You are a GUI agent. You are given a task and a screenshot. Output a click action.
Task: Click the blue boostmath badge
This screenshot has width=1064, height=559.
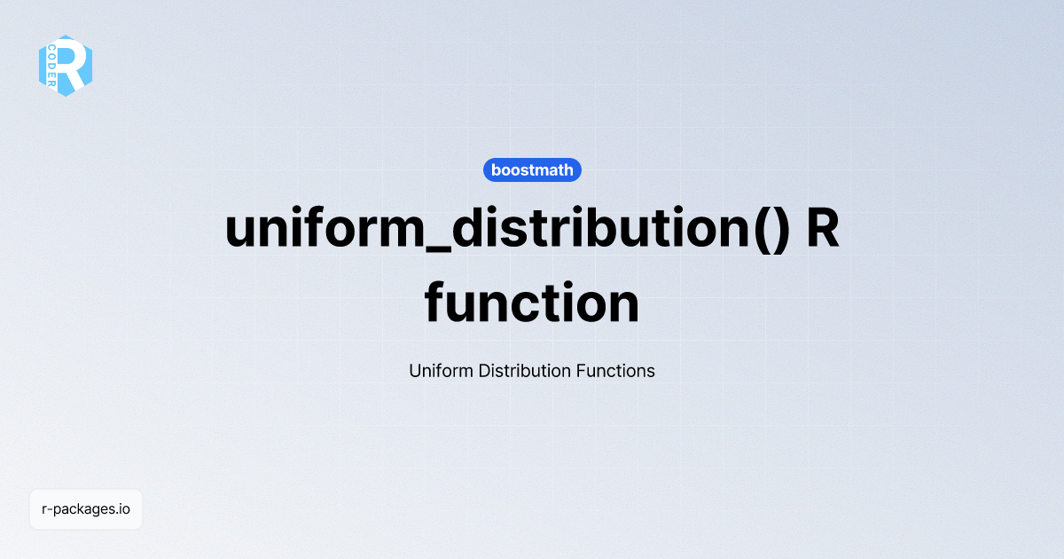point(532,170)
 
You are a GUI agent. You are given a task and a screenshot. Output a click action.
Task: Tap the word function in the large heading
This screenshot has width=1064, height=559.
point(532,303)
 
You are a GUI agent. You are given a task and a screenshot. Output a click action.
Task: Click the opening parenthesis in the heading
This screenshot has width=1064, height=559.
point(756,229)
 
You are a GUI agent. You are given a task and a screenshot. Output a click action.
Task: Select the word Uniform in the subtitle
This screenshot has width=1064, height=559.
point(441,371)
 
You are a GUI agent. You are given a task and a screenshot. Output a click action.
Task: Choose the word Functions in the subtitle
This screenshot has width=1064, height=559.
point(615,371)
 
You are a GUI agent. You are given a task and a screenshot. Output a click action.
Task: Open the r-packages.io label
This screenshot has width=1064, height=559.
point(86,509)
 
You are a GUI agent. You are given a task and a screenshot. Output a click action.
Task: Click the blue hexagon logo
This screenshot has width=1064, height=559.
point(66,66)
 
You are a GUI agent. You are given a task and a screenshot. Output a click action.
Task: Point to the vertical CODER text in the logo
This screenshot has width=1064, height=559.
point(52,64)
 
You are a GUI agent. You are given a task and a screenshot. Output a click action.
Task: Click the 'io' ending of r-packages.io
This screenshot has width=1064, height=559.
point(124,509)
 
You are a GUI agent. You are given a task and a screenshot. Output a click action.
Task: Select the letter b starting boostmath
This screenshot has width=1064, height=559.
point(496,170)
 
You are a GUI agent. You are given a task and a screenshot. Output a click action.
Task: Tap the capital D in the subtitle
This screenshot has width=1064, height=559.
point(483,371)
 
